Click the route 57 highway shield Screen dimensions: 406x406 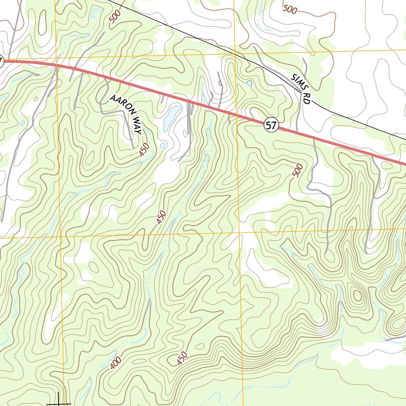[x=271, y=126]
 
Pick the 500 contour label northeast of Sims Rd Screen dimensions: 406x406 [x=290, y=9]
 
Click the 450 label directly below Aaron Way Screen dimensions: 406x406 [x=145, y=150]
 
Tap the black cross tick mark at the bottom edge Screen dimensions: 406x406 [x=59, y=401]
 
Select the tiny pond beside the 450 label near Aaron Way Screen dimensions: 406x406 [x=163, y=146]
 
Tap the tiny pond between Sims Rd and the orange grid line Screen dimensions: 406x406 [x=249, y=83]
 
